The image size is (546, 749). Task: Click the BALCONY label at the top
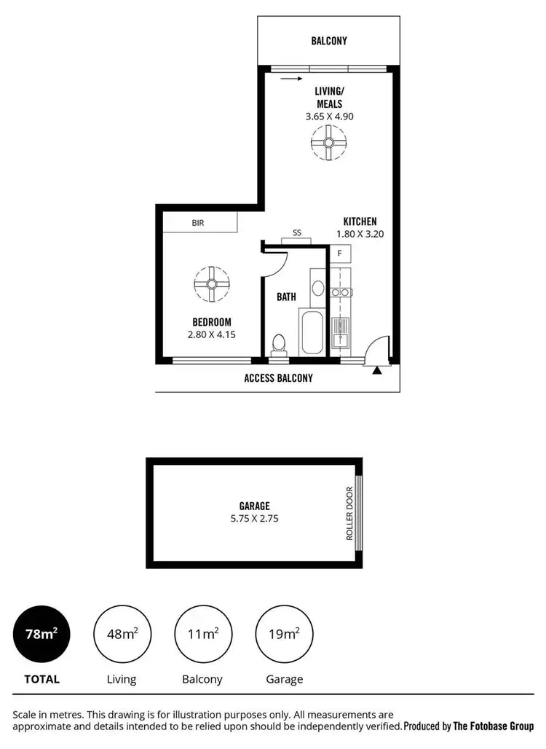tap(329, 42)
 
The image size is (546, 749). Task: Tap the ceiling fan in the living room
tap(328, 142)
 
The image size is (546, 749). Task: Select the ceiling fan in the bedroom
tap(212, 283)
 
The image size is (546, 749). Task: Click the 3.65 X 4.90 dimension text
tap(329, 116)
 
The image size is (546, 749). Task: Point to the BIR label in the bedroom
tap(198, 223)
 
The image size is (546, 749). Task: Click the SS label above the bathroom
tap(297, 233)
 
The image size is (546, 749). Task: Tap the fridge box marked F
tap(340, 254)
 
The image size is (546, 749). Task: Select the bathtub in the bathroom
tap(313, 333)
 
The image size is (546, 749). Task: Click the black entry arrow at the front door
tap(377, 371)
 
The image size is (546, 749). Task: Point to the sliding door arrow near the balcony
tap(290, 78)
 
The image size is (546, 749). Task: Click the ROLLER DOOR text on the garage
tap(350, 513)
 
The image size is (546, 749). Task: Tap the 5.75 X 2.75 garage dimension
tap(255, 519)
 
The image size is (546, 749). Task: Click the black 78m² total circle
tap(41, 634)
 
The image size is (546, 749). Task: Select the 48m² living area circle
tap(122, 634)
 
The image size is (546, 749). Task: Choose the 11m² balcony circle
tap(203, 634)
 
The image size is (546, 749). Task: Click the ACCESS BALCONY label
tap(278, 378)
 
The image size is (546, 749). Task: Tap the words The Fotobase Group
tap(493, 726)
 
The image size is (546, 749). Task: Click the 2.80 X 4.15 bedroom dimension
tap(212, 335)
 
